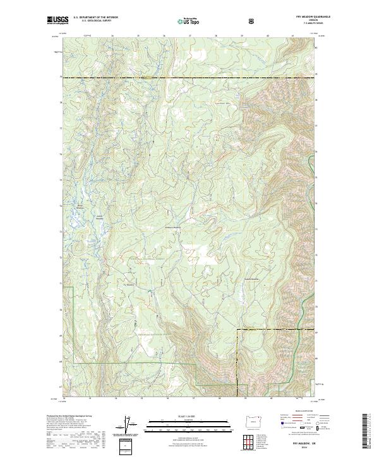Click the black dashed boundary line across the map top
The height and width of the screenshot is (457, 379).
point(189,78)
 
